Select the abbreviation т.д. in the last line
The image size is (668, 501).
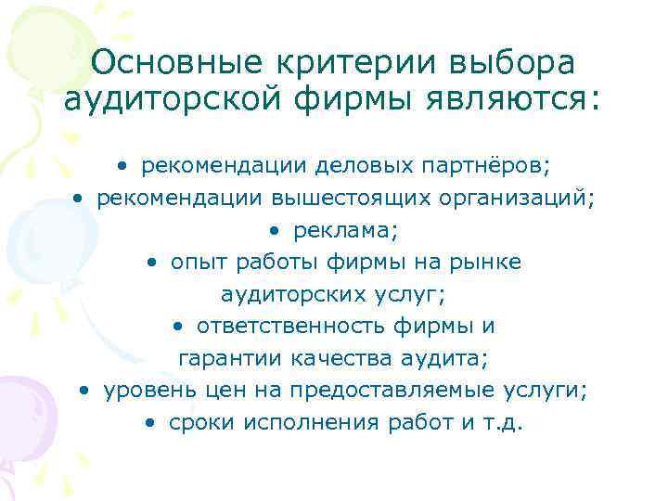coord(505,423)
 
